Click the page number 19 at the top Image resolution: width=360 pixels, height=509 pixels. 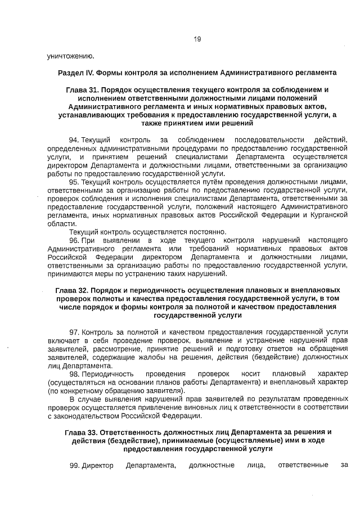click(197, 39)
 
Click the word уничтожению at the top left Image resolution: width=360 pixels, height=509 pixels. click(70, 56)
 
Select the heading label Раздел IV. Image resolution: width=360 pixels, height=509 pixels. click(76, 73)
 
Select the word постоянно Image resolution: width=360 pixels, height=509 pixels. click(206, 232)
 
